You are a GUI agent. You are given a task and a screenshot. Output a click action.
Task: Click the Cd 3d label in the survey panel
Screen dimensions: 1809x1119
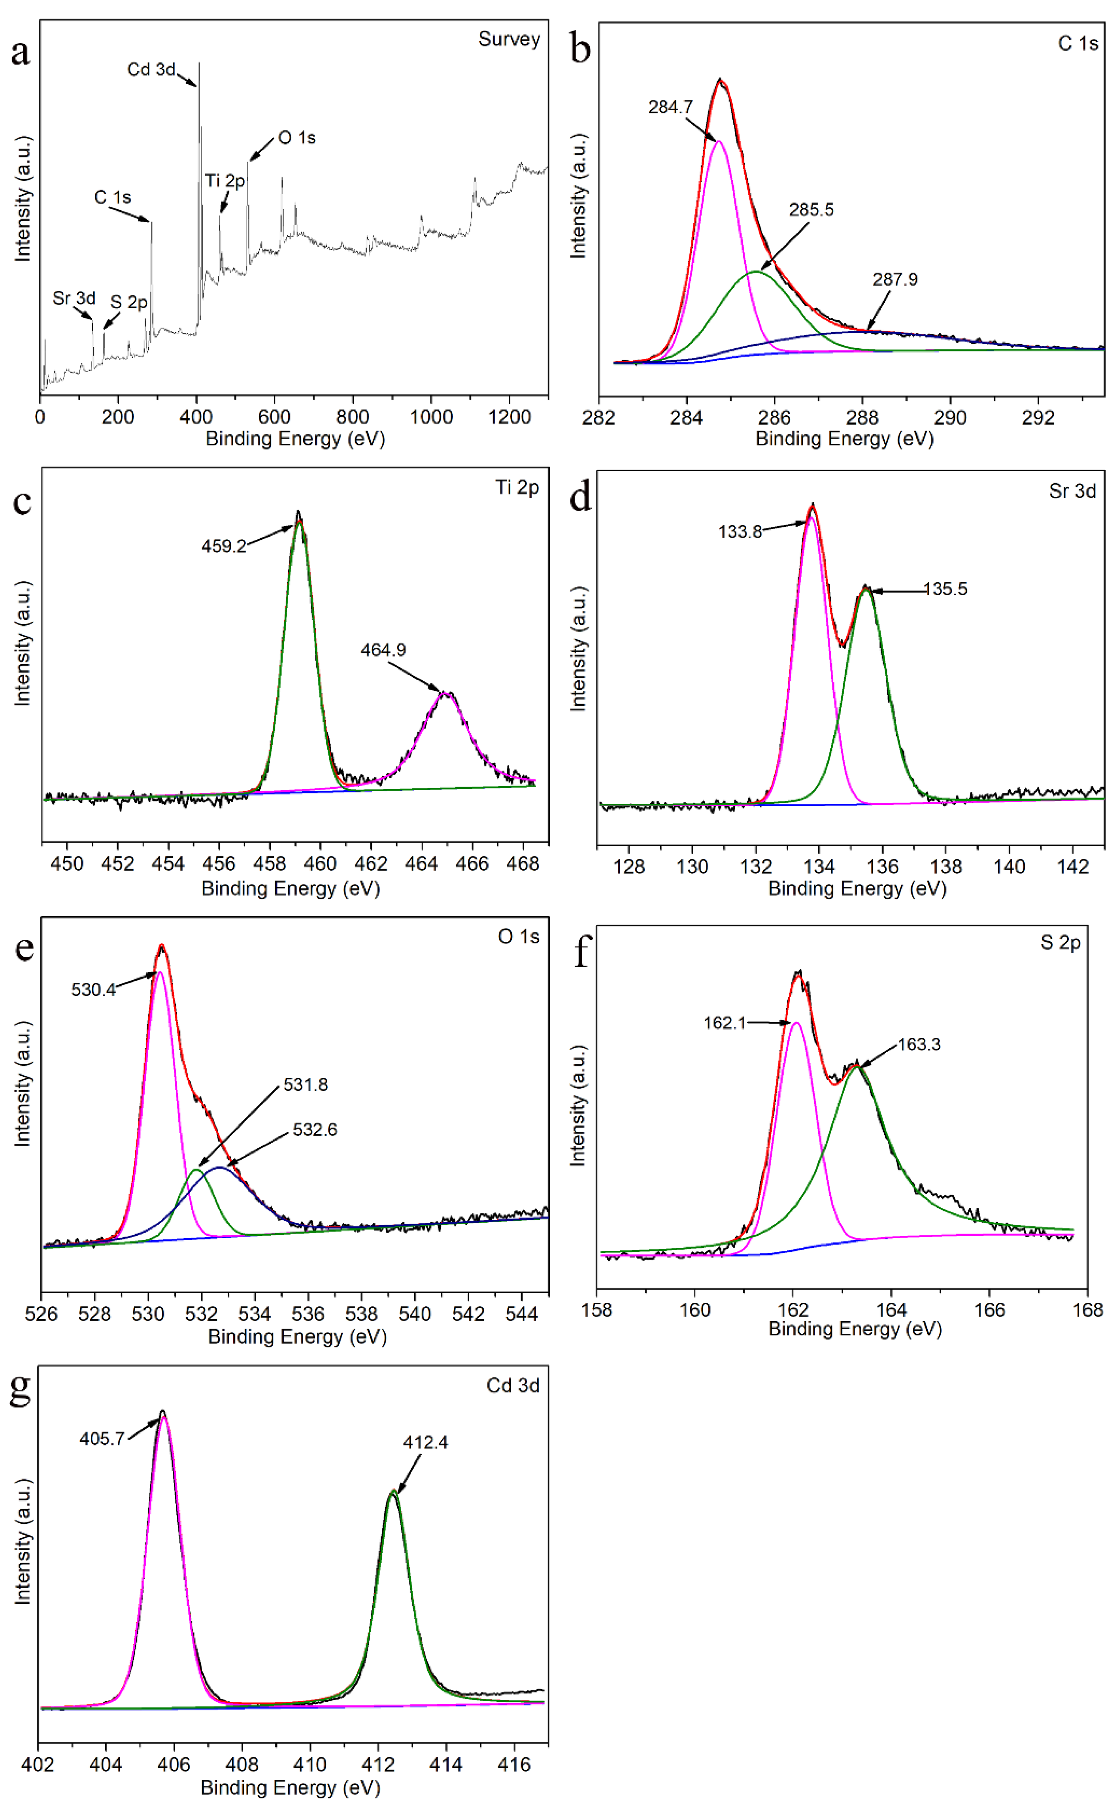(151, 70)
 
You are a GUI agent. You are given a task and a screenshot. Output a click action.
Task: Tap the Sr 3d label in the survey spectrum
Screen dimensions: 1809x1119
(74, 298)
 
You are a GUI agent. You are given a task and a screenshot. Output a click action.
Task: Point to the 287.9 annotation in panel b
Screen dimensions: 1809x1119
(895, 280)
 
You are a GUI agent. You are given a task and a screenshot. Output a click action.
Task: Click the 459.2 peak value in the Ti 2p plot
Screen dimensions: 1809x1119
(223, 546)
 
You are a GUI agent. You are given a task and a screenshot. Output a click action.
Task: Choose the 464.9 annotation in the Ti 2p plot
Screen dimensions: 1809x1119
(383, 650)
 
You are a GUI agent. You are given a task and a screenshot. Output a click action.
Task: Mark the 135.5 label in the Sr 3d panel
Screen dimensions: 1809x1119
(946, 589)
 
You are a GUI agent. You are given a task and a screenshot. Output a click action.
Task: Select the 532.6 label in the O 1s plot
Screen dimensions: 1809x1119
(315, 1130)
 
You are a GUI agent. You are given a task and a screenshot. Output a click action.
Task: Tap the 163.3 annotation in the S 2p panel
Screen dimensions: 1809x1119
(919, 1045)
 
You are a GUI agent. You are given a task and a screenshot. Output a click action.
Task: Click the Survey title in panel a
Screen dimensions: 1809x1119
(509, 39)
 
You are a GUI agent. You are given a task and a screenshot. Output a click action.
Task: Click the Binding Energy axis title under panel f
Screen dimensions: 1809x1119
(855, 1330)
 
